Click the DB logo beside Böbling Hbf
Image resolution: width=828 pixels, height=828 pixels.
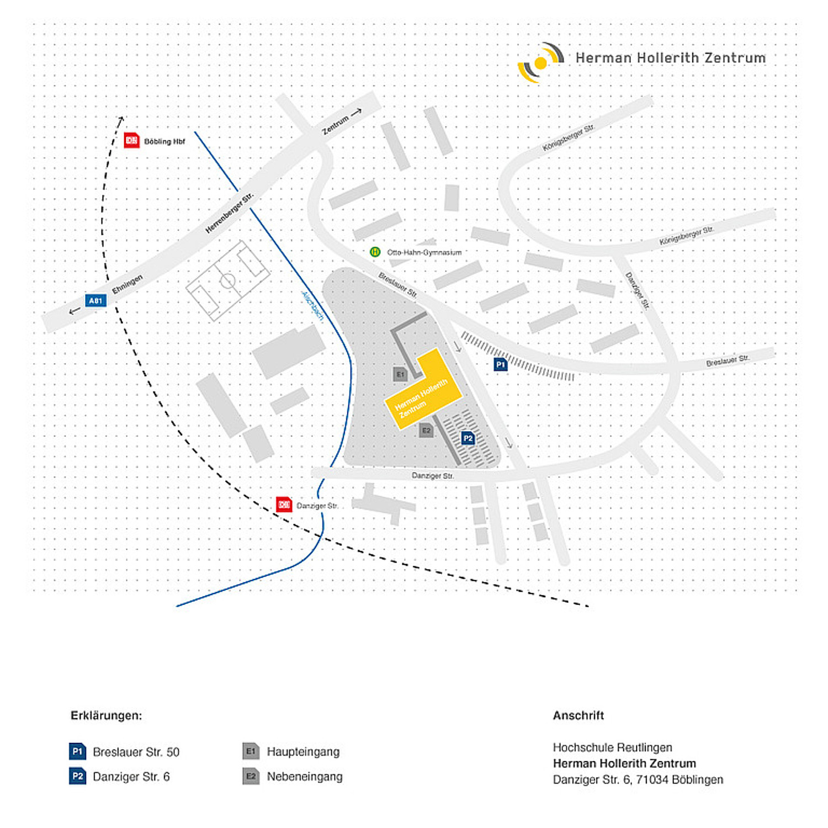click(131, 141)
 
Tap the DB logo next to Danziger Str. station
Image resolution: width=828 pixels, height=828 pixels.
click(284, 505)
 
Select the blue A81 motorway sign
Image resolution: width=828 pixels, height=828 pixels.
click(95, 301)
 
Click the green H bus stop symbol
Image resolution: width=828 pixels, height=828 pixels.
click(375, 252)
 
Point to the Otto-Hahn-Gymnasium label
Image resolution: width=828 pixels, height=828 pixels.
click(424, 252)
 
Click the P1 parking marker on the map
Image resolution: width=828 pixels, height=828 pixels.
click(501, 364)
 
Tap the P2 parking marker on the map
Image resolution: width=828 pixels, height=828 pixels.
click(468, 438)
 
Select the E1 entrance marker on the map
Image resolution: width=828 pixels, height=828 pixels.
click(400, 374)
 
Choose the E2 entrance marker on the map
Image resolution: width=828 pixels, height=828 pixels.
click(426, 431)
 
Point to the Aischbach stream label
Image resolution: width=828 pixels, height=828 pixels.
click(312, 306)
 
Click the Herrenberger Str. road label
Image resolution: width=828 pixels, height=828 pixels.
click(229, 213)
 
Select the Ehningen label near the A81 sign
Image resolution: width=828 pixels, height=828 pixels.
click(128, 284)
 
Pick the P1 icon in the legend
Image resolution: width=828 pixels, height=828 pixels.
click(78, 751)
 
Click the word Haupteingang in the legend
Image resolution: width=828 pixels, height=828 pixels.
click(303, 752)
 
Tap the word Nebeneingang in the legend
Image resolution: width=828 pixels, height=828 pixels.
click(305, 777)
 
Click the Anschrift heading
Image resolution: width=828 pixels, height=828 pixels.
click(578, 715)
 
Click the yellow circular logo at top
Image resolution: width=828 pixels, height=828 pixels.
click(541, 63)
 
